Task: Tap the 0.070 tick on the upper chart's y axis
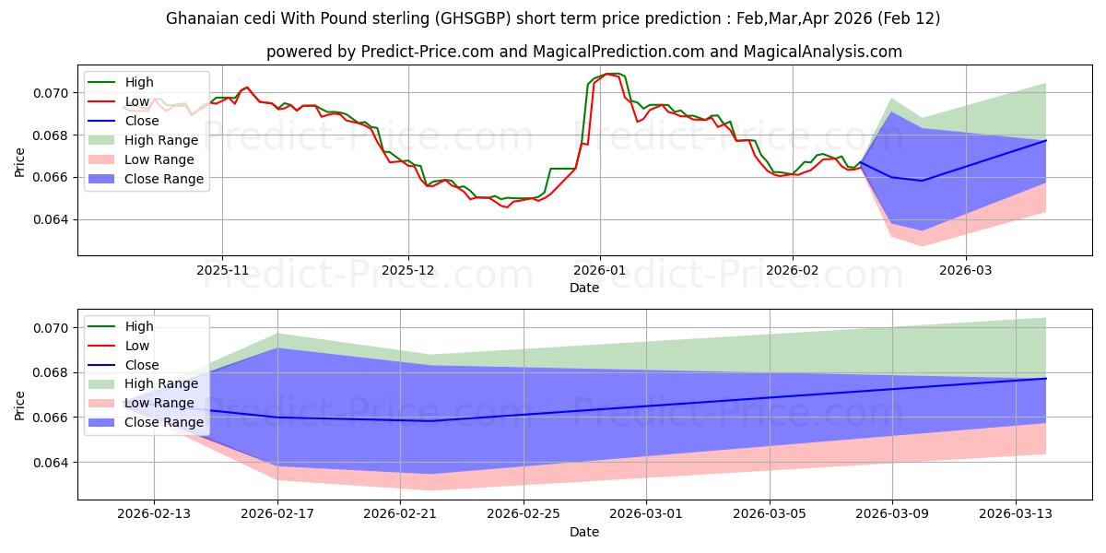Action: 52,93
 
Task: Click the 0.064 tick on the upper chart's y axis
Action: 52,219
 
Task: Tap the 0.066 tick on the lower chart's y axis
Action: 52,418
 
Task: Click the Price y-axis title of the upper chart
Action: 20,161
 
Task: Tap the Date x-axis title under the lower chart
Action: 584,532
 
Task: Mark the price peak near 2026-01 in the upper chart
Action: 608,74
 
